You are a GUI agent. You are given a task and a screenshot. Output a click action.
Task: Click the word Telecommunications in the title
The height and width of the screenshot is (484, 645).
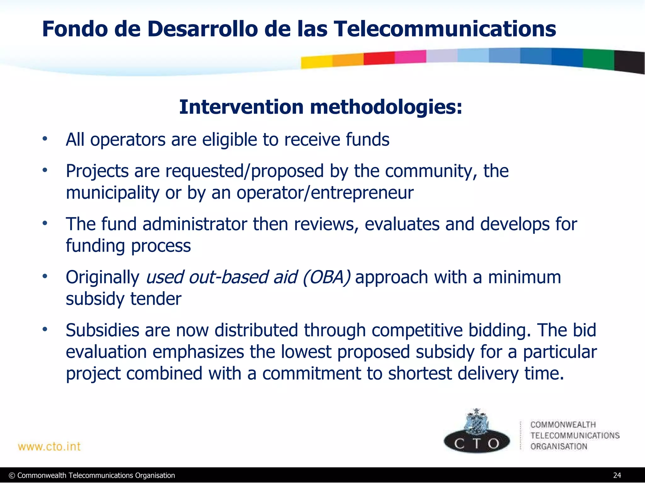(x=444, y=29)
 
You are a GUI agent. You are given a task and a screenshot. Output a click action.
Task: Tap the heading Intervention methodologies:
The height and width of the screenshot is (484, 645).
(x=321, y=107)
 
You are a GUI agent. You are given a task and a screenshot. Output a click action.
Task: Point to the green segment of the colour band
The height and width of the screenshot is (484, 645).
(x=598, y=59)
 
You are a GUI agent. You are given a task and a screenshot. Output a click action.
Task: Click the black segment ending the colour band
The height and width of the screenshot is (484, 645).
(x=629, y=62)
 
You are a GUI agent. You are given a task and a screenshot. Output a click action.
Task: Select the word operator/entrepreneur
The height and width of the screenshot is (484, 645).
(x=325, y=193)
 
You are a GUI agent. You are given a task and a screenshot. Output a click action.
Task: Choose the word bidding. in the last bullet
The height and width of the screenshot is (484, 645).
(x=499, y=331)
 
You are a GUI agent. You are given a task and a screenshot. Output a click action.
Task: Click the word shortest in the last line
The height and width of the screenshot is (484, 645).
(x=420, y=373)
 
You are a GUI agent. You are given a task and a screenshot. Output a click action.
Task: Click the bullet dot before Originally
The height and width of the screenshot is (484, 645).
(x=45, y=276)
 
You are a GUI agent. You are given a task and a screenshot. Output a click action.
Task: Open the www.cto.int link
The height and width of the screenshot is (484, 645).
(x=49, y=447)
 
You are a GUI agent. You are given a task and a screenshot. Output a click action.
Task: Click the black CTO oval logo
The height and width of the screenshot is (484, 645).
(x=477, y=442)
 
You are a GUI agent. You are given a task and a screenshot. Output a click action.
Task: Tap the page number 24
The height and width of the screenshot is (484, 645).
(x=617, y=475)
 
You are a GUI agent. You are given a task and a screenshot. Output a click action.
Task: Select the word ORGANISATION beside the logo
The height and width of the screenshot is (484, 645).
(x=559, y=447)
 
